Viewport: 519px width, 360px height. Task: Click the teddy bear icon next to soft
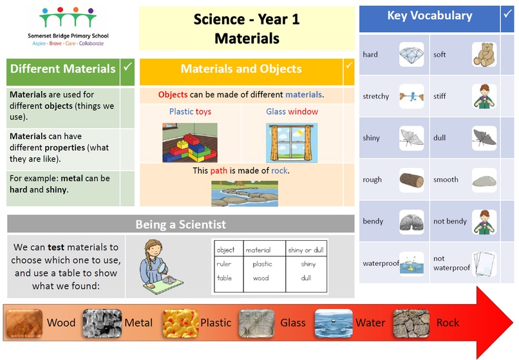coord(484,54)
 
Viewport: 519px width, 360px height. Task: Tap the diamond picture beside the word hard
coord(411,54)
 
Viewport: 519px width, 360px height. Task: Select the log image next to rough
coord(411,180)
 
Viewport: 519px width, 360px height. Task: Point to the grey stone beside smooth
coord(484,181)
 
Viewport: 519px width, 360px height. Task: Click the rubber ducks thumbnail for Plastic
coord(180,323)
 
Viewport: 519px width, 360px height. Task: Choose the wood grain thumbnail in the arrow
coord(24,323)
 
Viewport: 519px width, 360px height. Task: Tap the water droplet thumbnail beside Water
coord(334,323)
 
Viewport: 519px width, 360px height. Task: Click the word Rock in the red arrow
coord(448,323)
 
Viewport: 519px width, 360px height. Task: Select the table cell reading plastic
coord(262,264)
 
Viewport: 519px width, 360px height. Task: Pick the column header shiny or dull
coord(306,250)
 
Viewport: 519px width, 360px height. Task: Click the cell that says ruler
coord(224,264)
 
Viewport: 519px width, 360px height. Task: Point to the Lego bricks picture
coord(190,143)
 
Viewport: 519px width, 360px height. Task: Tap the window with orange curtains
coord(292,143)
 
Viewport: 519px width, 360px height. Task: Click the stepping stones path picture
coord(245,194)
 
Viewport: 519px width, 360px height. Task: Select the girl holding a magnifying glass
coord(159,267)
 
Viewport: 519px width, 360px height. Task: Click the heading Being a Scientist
coord(181,224)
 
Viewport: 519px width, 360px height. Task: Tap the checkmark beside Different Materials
coord(127,67)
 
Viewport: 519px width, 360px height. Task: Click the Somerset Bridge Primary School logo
coord(68,26)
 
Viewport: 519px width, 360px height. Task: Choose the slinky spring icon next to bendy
coord(411,222)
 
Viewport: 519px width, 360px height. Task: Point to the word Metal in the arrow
coord(138,323)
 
